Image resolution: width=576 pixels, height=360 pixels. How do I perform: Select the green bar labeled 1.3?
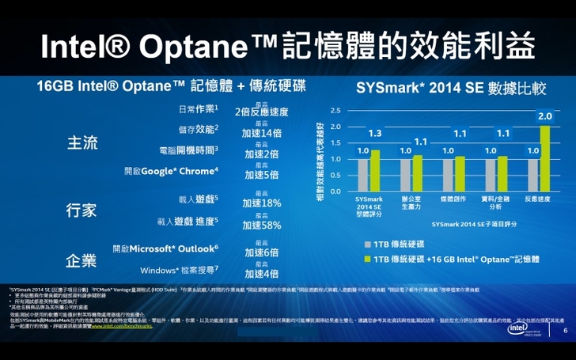pos(375,170)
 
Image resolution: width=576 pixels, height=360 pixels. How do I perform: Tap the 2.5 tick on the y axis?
pos(335,110)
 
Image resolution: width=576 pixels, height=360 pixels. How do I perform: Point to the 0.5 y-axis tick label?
pos(335,175)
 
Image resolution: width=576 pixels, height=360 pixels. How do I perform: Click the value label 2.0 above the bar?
pos(544,116)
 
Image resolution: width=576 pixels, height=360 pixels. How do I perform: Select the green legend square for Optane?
pos(367,259)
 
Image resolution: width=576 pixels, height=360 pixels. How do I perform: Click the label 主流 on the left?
pos(81,143)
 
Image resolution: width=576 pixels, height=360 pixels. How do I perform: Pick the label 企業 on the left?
pos(81,260)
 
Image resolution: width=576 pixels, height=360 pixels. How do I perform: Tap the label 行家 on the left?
pos(81,210)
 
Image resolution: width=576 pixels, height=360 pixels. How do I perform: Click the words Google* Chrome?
pos(184,171)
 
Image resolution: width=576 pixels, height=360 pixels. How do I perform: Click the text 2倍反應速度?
pos(262,112)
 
